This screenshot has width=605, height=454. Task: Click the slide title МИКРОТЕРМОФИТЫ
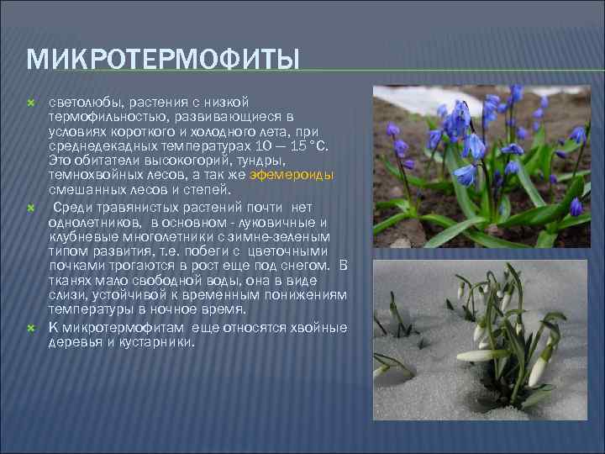point(163,61)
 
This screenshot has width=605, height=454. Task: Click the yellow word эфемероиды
point(299,174)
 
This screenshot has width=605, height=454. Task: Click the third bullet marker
point(31,328)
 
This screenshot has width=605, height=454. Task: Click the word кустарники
point(150,341)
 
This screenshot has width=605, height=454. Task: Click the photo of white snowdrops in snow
point(481,340)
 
